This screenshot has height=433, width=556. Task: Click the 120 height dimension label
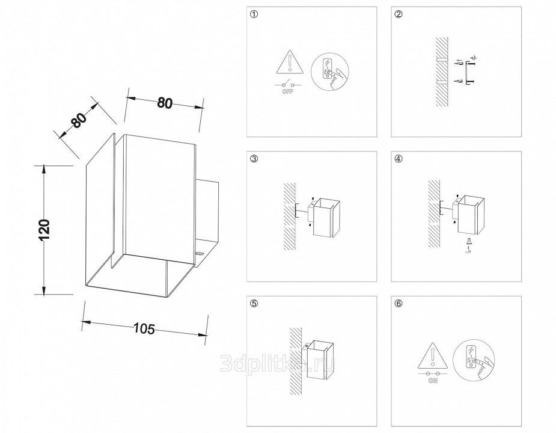(43, 230)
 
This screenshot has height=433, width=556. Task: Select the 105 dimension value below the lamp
(144, 328)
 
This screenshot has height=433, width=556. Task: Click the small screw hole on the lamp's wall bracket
(200, 253)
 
